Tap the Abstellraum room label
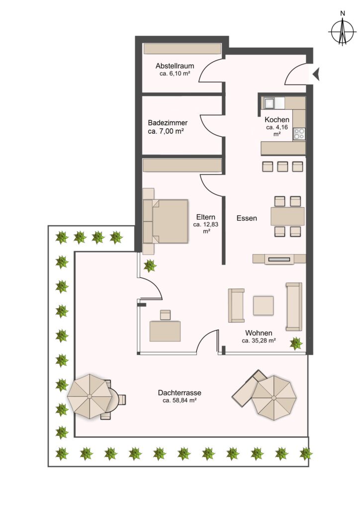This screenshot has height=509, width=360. pyautogui.click(x=175, y=66)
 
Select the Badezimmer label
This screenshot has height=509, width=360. pyautogui.click(x=168, y=123)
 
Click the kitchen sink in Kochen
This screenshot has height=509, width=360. pyautogui.click(x=270, y=103)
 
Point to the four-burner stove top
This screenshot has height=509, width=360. pyautogui.click(x=299, y=134)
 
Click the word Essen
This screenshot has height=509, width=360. pyautogui.click(x=247, y=218)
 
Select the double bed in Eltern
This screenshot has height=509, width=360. pyautogui.click(x=166, y=221)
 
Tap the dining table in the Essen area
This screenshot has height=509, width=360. pyautogui.click(x=287, y=216)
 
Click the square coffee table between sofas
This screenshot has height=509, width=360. pyautogui.click(x=263, y=306)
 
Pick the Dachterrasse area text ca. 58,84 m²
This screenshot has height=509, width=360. pyautogui.click(x=180, y=401)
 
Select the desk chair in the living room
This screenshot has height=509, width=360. pyautogui.click(x=165, y=315)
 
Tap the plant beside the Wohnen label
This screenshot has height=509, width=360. pyautogui.click(x=296, y=343)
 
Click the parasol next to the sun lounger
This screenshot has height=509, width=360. pyautogui.click(x=274, y=398)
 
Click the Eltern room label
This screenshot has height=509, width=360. pyautogui.click(x=206, y=217)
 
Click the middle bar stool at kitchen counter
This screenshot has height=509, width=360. pyautogui.click(x=282, y=167)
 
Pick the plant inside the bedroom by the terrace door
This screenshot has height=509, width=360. pyautogui.click(x=150, y=266)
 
